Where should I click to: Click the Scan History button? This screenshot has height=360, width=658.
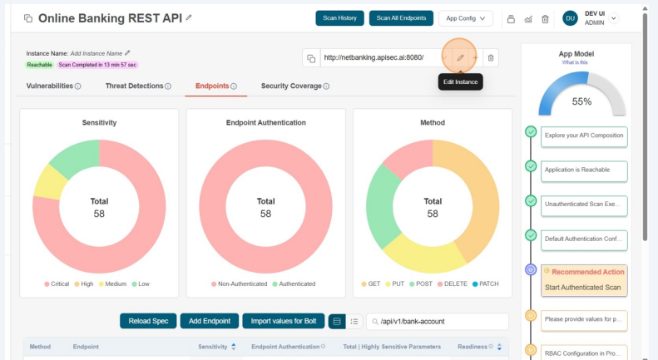click(x=340, y=17)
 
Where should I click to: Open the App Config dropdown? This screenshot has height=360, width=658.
click(x=465, y=17)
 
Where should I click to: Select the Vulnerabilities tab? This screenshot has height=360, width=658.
click(x=54, y=86)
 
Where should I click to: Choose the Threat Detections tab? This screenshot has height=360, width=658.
click(x=138, y=86)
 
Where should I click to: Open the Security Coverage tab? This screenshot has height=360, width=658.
click(x=295, y=86)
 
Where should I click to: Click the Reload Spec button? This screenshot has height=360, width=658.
click(x=147, y=321)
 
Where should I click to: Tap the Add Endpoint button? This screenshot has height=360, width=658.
click(x=209, y=321)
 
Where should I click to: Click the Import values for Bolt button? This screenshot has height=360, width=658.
click(x=283, y=321)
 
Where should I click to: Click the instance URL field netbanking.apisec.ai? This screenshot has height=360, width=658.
click(x=374, y=57)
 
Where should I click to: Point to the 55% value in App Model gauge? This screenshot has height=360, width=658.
click(x=581, y=101)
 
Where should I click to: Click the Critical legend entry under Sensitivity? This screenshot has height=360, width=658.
click(x=56, y=284)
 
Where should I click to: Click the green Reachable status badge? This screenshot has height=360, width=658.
click(x=39, y=64)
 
